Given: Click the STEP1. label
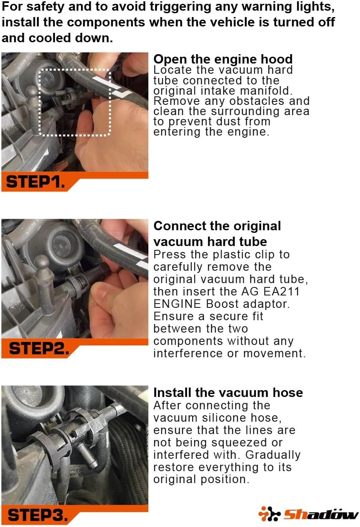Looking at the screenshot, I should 36,182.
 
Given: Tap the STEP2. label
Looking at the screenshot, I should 38,348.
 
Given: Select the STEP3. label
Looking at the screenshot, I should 37,515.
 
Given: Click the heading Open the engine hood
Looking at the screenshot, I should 223,59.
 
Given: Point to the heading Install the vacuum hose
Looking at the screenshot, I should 228,392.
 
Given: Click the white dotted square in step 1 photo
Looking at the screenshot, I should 75,102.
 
